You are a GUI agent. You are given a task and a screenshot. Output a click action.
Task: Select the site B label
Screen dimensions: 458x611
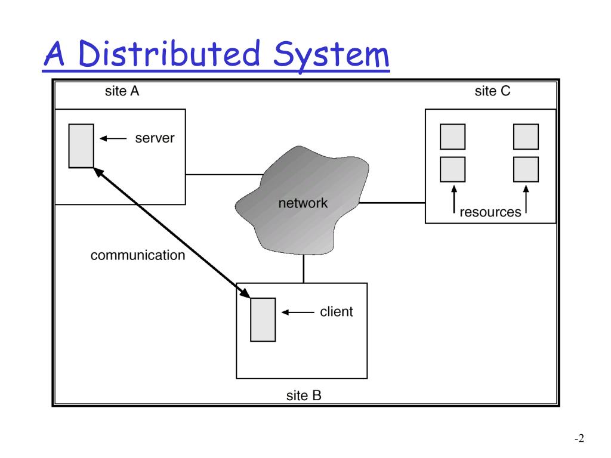coord(303,395)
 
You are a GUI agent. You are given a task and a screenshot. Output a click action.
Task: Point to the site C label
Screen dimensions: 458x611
coord(492,91)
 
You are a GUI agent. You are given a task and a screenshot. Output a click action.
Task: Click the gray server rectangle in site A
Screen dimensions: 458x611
coord(81,146)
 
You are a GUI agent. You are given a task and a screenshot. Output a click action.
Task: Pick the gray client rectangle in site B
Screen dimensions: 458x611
coord(263,319)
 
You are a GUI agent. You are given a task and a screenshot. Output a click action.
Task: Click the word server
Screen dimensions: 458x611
coord(155,138)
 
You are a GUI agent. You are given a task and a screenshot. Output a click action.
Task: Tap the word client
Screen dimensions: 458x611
coord(337,311)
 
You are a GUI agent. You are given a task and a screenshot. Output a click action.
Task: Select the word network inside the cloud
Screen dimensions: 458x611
coord(303,203)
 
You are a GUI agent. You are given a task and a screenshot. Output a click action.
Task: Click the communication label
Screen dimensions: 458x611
coord(138,256)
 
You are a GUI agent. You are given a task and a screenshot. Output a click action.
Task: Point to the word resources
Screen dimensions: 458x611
coord(490,212)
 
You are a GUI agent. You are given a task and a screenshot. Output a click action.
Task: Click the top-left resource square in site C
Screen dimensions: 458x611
coord(452,137)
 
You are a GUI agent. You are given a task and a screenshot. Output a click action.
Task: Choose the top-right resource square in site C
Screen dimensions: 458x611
coord(526,137)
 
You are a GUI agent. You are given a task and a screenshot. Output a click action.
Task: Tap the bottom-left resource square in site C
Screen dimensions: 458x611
coord(452,169)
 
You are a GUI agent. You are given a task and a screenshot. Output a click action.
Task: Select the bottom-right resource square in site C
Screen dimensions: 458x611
coord(526,169)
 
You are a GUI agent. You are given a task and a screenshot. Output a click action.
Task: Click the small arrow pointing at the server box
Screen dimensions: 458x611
coord(113,139)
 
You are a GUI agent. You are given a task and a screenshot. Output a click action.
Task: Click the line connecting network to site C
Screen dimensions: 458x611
coord(391,203)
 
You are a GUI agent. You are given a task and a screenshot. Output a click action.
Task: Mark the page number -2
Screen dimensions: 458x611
coord(578,439)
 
